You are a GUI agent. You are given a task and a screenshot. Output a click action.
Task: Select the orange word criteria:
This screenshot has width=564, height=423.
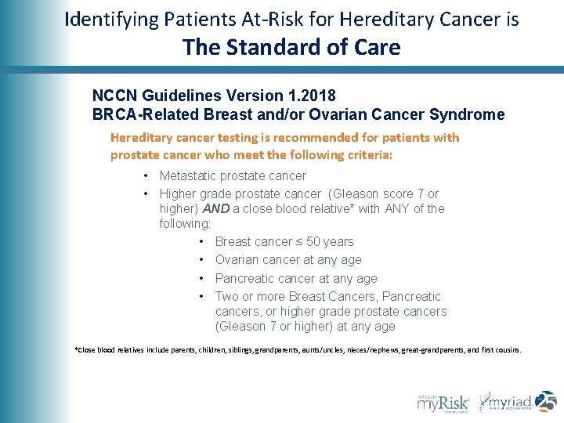366,155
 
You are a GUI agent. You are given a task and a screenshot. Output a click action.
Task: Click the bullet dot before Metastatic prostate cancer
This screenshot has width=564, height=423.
146,176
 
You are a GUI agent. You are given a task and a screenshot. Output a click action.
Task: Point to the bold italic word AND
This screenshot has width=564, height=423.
216,209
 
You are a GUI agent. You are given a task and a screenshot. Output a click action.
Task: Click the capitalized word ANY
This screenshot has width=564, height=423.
398,209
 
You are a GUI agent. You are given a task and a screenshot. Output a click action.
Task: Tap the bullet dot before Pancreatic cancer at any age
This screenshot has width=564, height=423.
202,279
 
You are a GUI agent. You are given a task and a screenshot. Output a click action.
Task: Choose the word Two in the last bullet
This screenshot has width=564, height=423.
227,297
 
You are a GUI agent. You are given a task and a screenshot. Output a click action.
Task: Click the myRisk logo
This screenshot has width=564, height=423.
443,402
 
